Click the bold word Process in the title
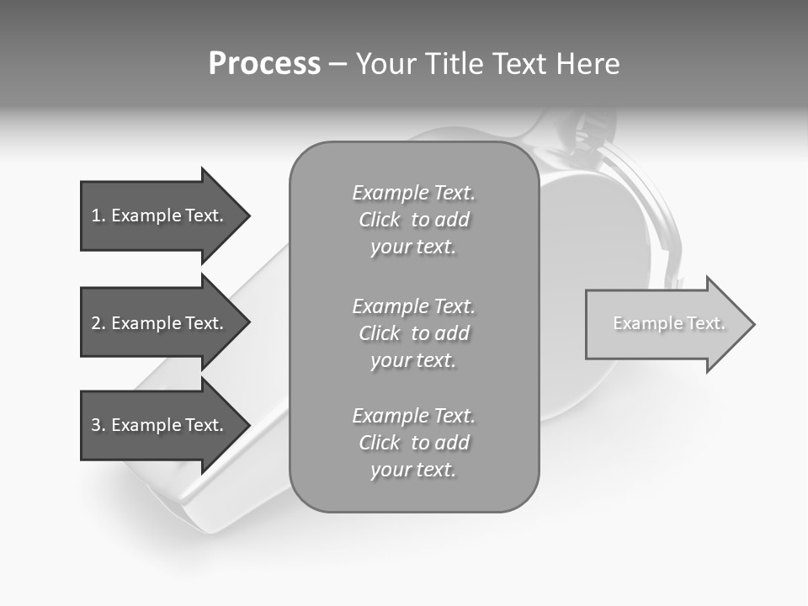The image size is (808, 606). click(x=264, y=64)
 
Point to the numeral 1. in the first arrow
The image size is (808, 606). click(x=98, y=215)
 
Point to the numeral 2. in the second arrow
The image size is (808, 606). click(x=98, y=323)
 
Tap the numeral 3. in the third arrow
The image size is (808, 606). click(x=98, y=425)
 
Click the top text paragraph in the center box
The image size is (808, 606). click(x=413, y=220)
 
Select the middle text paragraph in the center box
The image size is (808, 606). click(x=413, y=333)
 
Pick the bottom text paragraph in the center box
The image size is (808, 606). click(x=413, y=443)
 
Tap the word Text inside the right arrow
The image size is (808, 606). click(x=706, y=323)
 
